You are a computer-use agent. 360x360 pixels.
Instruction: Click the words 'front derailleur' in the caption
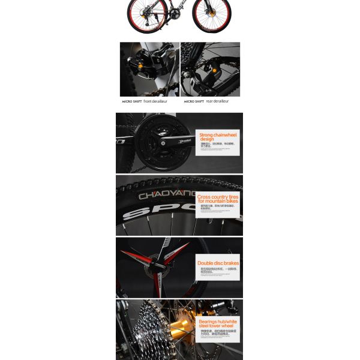(x=155, y=101)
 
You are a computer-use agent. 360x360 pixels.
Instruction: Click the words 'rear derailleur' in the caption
(x=217, y=101)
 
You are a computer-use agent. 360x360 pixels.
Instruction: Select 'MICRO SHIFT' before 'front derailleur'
(x=132, y=102)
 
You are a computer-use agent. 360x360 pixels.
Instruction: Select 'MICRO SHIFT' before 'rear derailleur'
(x=194, y=102)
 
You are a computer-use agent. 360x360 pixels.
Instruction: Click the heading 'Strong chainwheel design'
(x=218, y=137)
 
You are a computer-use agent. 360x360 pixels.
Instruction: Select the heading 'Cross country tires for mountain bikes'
(x=218, y=199)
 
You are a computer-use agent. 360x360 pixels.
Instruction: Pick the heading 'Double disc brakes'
(x=218, y=263)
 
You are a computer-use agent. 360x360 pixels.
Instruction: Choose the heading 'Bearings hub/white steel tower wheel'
(x=218, y=323)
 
